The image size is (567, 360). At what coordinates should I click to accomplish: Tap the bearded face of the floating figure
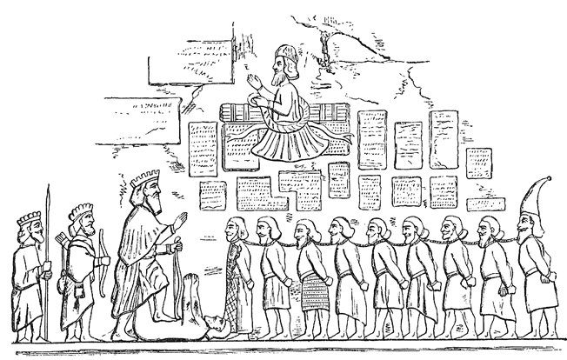point(280,73)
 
